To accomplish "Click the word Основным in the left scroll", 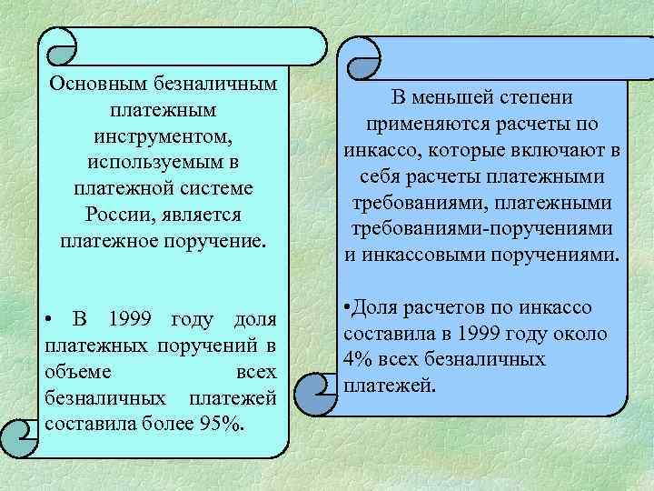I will coord(94,84).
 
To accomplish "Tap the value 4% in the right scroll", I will coord(359,359).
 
